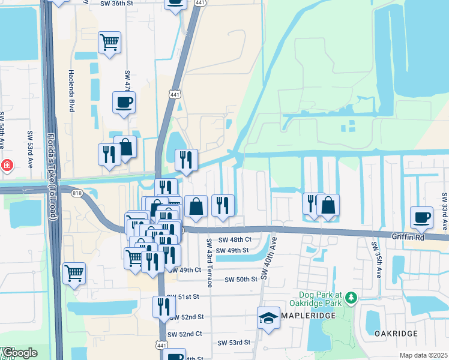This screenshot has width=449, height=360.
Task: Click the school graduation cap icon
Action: [x=268, y=318]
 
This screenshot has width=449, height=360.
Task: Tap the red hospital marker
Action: [x=6, y=164]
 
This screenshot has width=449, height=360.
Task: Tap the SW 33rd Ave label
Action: [x=444, y=212]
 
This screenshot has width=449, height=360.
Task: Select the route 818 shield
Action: [x=77, y=193]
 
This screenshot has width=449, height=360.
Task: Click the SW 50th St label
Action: [x=241, y=280]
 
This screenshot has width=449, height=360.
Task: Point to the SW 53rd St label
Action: [x=234, y=343]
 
